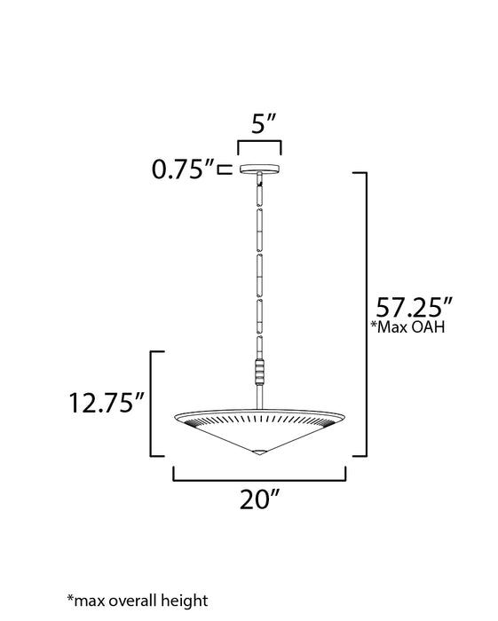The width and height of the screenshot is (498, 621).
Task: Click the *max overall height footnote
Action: tap(137, 601)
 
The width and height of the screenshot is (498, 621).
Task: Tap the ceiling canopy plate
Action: tap(259, 169)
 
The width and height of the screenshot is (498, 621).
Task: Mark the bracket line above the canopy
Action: tap(259, 142)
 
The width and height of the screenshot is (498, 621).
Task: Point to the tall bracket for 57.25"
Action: tap(364, 315)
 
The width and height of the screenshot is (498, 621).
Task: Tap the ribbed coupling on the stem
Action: tap(259, 367)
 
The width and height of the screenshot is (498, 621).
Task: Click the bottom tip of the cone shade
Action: tap(259, 453)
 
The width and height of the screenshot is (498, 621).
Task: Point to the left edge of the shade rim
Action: tap(177, 416)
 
